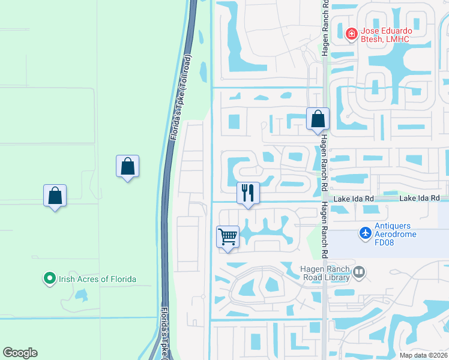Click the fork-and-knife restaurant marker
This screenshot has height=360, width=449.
tap(248, 193)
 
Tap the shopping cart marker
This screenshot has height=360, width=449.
tap(228, 237)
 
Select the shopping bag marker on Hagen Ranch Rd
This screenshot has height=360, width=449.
tap(318, 119)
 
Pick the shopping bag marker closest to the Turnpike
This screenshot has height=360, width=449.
tap(128, 166)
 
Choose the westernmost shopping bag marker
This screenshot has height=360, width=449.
tap(55, 196)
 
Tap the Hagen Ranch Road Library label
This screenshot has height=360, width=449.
tap(324, 273)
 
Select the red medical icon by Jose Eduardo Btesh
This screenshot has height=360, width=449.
tap(351, 34)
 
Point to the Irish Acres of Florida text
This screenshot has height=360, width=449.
tap(97, 279)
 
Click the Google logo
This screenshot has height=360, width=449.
tap(20, 353)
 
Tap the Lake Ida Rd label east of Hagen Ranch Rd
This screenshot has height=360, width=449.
tap(420, 198)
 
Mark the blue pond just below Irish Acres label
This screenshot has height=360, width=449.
tap(80, 295)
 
